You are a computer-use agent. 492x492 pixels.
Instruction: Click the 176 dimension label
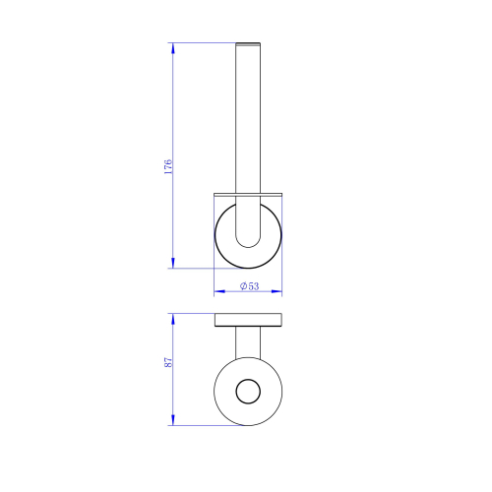click(168, 166)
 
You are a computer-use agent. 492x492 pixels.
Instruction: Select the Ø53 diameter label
click(249, 286)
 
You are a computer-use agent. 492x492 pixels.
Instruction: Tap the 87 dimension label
click(168, 362)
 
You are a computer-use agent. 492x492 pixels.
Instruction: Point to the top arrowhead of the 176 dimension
click(173, 48)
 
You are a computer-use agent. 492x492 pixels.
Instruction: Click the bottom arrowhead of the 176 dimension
click(173, 263)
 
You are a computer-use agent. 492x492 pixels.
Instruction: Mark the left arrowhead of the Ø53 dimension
click(219, 291)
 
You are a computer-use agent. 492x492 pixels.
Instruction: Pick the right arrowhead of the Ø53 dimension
click(277, 291)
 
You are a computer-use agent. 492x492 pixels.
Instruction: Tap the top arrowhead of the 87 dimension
click(173, 319)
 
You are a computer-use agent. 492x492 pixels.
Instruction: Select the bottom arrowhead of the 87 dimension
click(173, 420)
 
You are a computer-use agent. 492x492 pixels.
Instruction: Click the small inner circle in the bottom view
click(248, 379)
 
